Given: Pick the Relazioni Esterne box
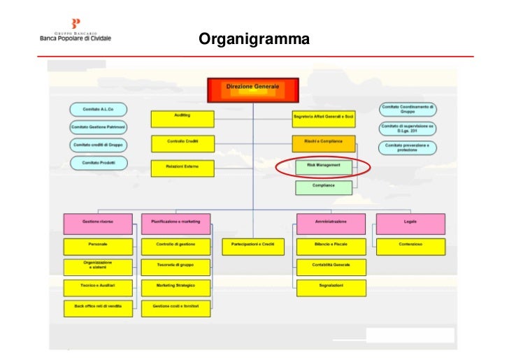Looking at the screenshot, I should pyautogui.click(x=182, y=168).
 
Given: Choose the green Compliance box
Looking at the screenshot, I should pyautogui.click(x=323, y=187).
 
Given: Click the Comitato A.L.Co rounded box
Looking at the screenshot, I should pyautogui.click(x=99, y=109).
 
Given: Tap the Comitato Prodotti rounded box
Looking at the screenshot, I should pyautogui.click(x=99, y=163).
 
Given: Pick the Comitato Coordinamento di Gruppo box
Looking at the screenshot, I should pyautogui.click(x=408, y=109).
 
